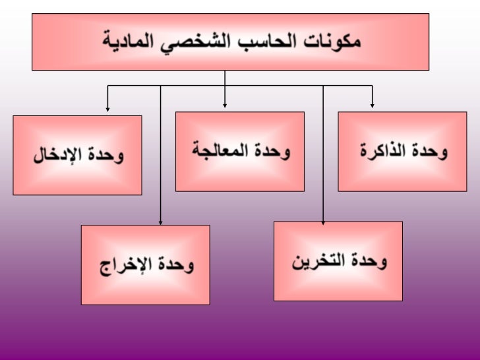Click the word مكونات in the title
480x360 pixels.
point(334,41)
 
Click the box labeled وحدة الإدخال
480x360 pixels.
point(77,155)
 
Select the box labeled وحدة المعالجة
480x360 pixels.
point(239,151)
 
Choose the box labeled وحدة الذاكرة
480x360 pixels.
point(402,152)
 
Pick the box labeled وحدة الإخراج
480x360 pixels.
point(145,265)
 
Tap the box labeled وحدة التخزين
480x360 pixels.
point(338,261)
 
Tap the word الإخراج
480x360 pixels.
point(127,266)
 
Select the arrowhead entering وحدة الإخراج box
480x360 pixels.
point(161,222)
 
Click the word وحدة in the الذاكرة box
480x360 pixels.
point(431,151)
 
